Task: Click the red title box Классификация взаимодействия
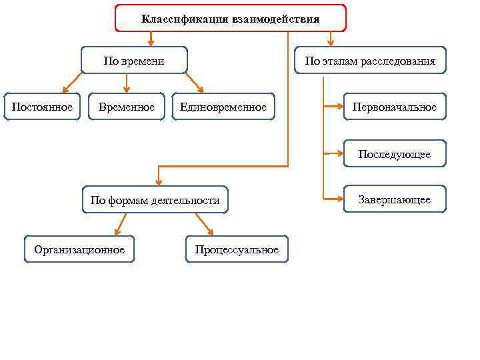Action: pyautogui.click(x=231, y=19)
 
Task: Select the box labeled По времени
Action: pyautogui.click(x=134, y=61)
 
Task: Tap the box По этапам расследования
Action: pyautogui.click(x=370, y=61)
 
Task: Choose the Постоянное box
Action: pyautogui.click(x=42, y=107)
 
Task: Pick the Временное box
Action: pyautogui.click(x=126, y=107)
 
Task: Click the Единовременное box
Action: pyautogui.click(x=223, y=107)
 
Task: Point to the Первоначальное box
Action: pyautogui.click(x=395, y=107)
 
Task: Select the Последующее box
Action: pyautogui.click(x=395, y=154)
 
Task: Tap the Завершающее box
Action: pyautogui.click(x=395, y=199)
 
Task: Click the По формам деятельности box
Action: pyautogui.click(x=155, y=200)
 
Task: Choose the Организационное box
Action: pyautogui.click(x=79, y=249)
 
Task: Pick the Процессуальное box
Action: pyautogui.click(x=237, y=249)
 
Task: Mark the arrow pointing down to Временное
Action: pyautogui.click(x=127, y=83)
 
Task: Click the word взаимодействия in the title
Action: pyautogui.click(x=276, y=19)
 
